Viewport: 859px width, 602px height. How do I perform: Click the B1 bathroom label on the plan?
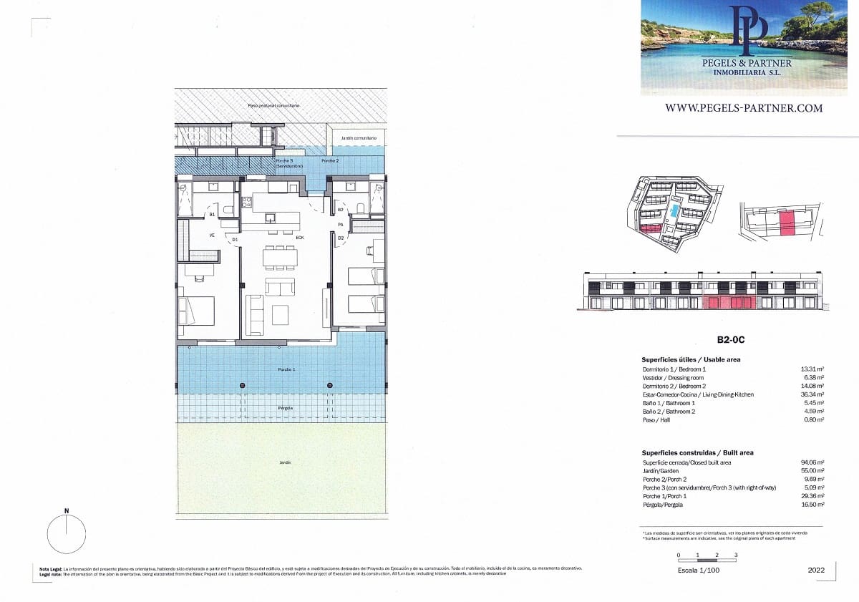pyautogui.click(x=212, y=214)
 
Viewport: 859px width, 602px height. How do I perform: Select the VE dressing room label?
pyautogui.click(x=212, y=235)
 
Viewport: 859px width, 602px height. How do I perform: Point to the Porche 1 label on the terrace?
pyautogui.click(x=286, y=369)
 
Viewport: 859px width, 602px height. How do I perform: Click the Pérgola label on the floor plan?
pyautogui.click(x=286, y=408)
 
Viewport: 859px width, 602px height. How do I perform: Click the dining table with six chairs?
pyautogui.click(x=280, y=256)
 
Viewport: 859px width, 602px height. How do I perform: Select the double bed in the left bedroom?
pyautogui.click(x=197, y=311)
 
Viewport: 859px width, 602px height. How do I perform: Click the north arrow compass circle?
pyautogui.click(x=67, y=534)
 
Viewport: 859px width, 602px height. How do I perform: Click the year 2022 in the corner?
pyautogui.click(x=815, y=571)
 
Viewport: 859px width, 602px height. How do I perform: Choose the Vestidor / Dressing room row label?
pyautogui.click(x=673, y=377)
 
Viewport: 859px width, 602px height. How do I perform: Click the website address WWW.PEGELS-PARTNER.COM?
pyautogui.click(x=744, y=108)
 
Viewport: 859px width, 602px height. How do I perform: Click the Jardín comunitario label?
pyautogui.click(x=359, y=137)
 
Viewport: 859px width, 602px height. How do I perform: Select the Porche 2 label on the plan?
pyautogui.click(x=330, y=161)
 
